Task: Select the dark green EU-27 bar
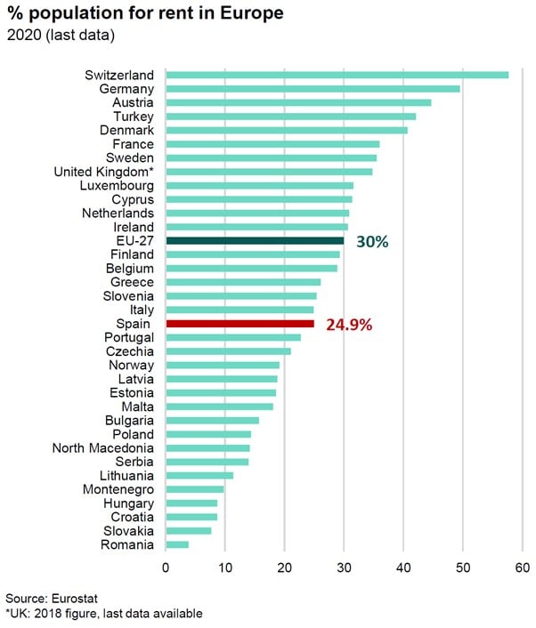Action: tap(255, 240)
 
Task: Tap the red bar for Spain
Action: tap(240, 324)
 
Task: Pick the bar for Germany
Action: tap(313, 89)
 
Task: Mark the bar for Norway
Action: tap(223, 365)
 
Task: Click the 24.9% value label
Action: tap(349, 325)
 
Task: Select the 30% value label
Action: tap(372, 241)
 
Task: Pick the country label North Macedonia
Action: tap(102, 447)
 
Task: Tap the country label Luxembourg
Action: tap(117, 185)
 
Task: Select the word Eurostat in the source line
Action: tap(76, 599)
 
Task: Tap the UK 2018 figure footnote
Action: tap(103, 614)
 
